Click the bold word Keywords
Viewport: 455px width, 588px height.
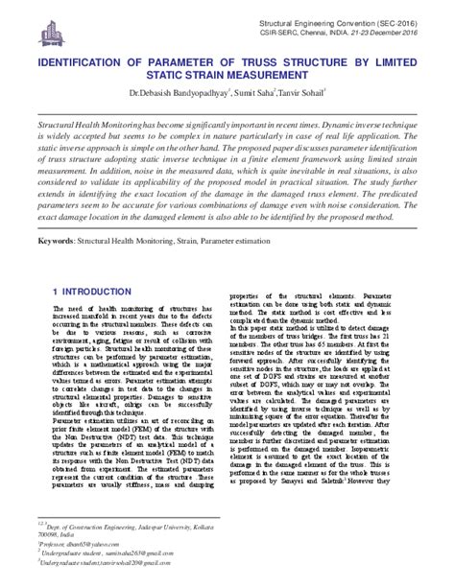click(56, 256)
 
